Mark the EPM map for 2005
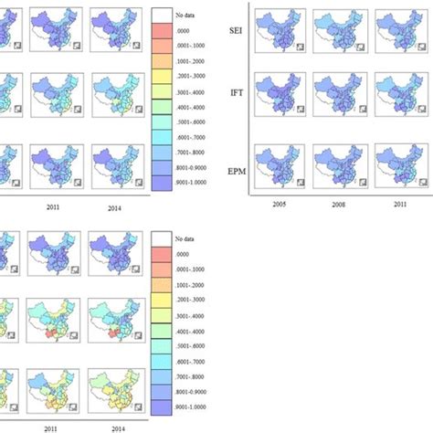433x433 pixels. click(282, 164)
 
